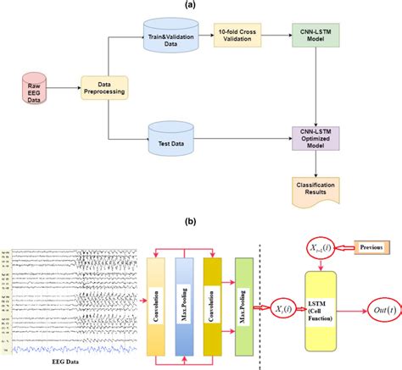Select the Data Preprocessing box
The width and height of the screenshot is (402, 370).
coord(100,89)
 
